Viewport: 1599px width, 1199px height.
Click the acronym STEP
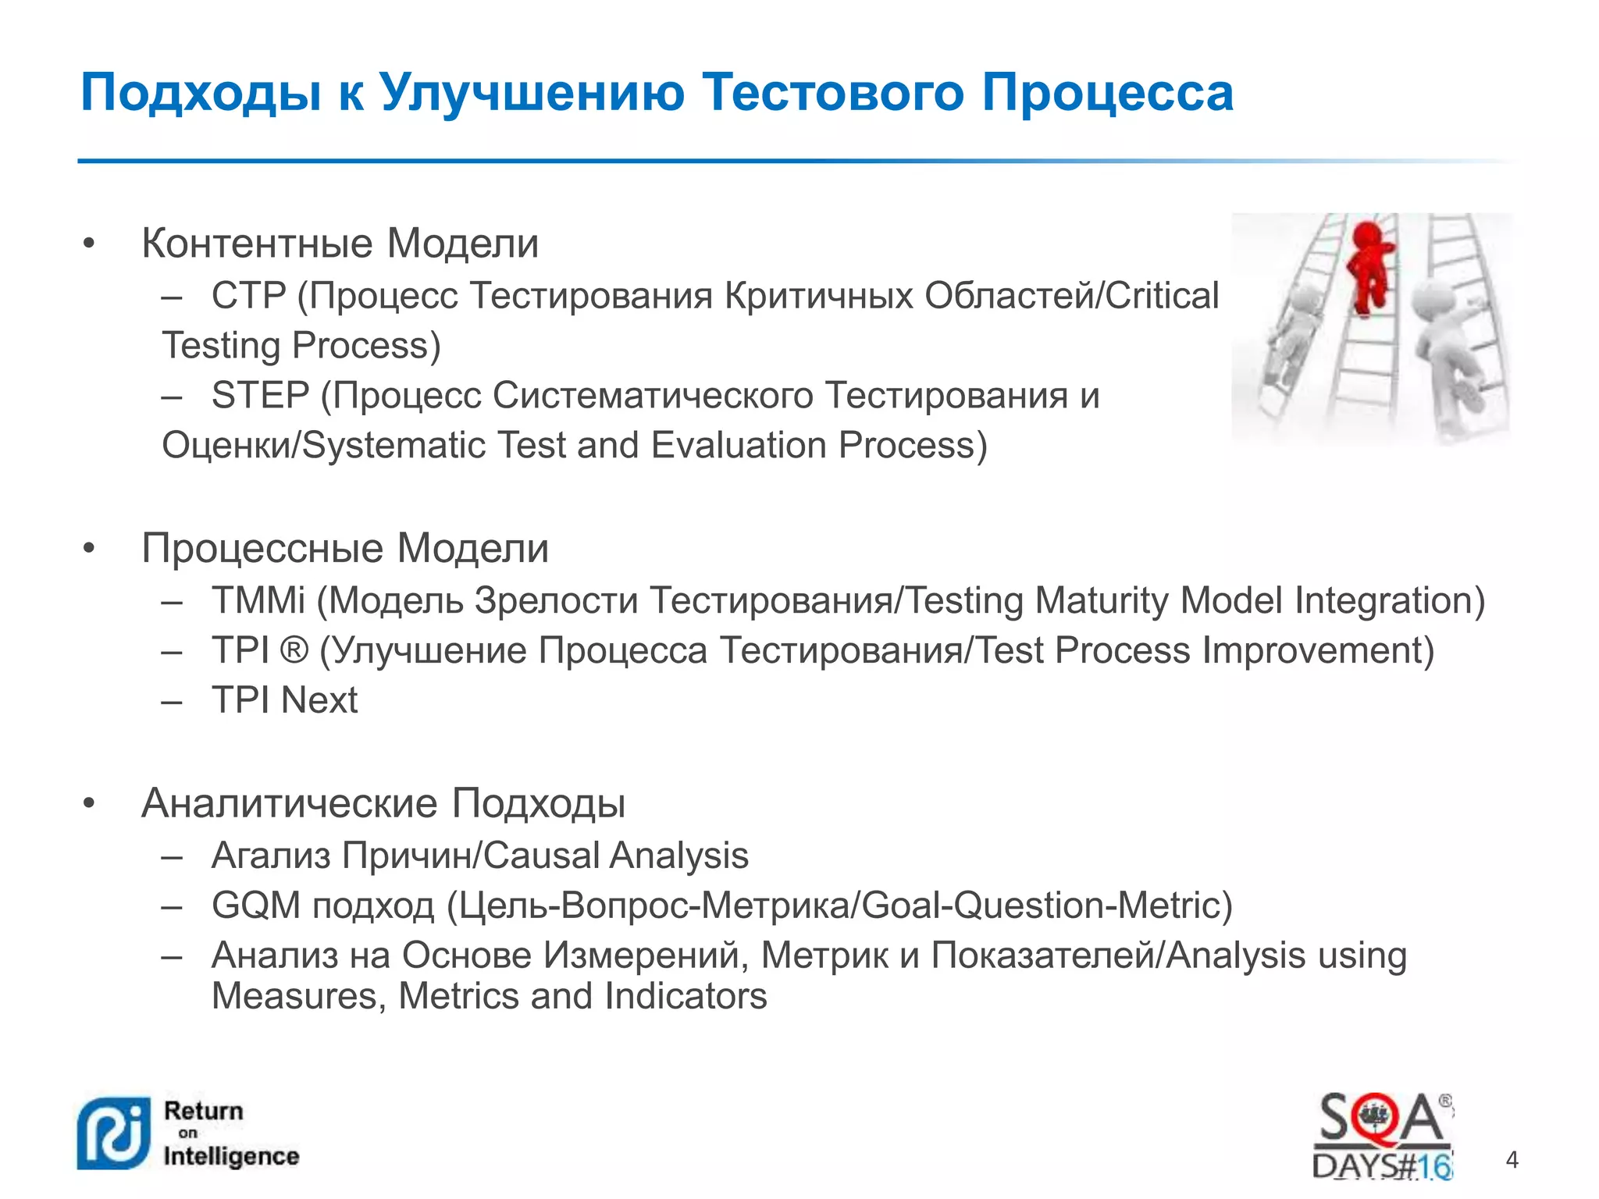point(260,396)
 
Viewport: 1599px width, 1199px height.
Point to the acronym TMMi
point(258,601)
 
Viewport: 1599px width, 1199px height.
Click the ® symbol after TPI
point(294,651)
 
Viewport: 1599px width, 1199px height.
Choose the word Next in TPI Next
point(319,700)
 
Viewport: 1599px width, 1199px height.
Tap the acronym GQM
point(256,906)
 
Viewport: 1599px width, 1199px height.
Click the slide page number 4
point(1512,1160)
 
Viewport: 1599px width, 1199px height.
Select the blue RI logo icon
point(114,1134)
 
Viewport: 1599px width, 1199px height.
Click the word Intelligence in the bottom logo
point(231,1156)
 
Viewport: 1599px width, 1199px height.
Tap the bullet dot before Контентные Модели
point(89,244)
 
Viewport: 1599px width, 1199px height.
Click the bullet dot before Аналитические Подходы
point(89,803)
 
